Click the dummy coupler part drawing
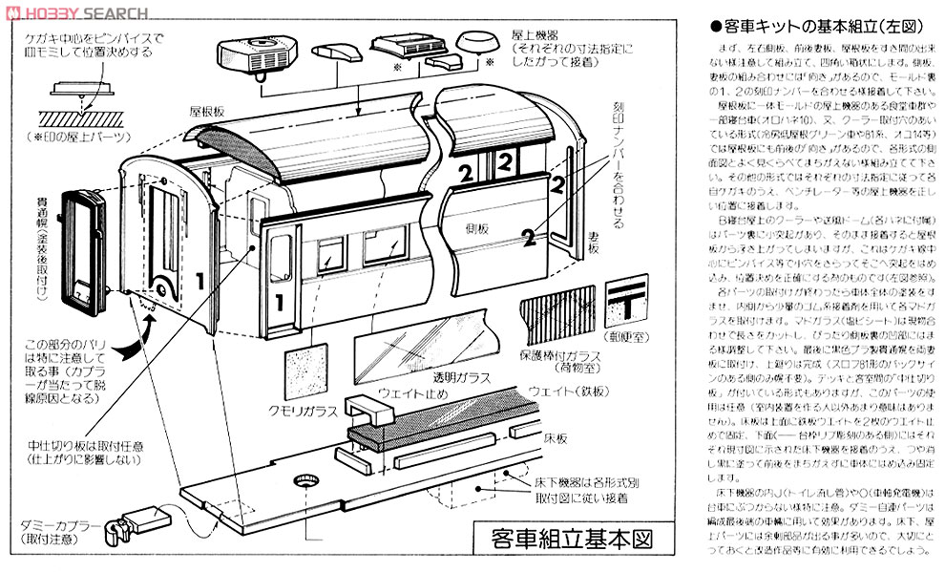coord(127,522)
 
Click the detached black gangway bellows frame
coord(76,245)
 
